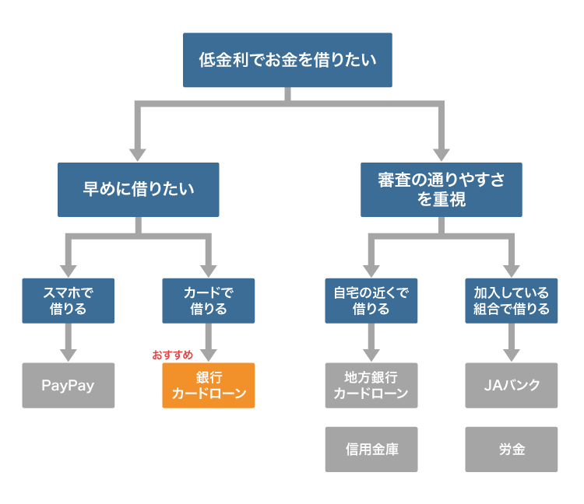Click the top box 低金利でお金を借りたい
[x=287, y=60]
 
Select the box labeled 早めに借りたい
[x=139, y=189]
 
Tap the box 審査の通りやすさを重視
[x=441, y=189]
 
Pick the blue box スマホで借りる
[x=69, y=300]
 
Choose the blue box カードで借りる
[x=208, y=300]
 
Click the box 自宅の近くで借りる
[x=371, y=300]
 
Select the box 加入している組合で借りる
[x=511, y=300]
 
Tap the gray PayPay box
[x=69, y=385]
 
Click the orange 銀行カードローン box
[x=208, y=385]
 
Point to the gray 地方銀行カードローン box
[x=371, y=385]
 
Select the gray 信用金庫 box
[x=371, y=449]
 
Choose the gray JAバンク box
[x=511, y=385]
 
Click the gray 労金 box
[x=511, y=449]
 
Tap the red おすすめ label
[x=172, y=355]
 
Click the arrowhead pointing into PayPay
[x=69, y=355]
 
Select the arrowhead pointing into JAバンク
[x=511, y=355]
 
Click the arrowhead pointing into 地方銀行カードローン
[x=371, y=355]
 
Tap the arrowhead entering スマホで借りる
[x=69, y=270]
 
